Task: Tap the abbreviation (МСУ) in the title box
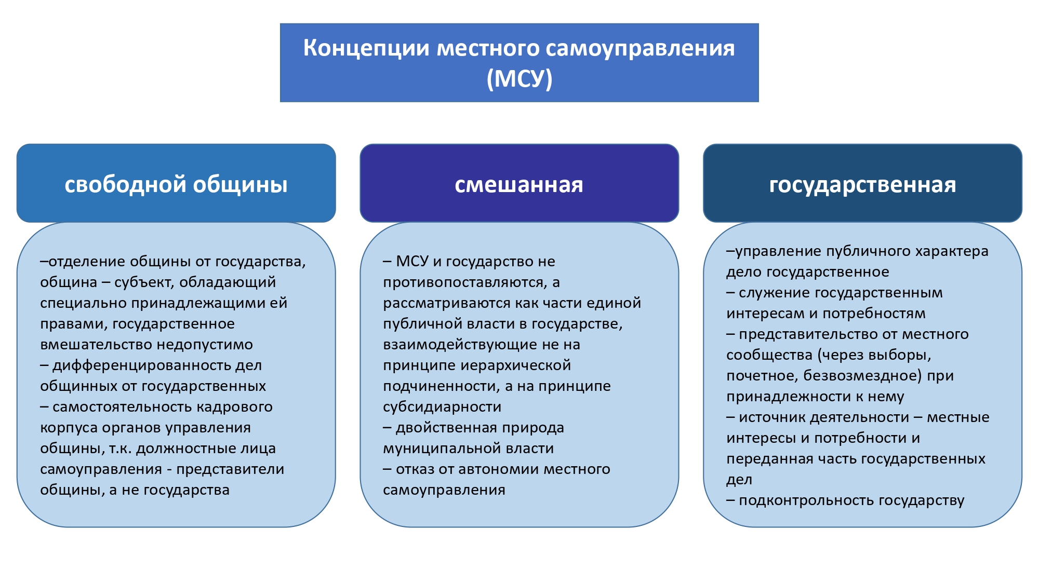(519, 78)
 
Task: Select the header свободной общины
(176, 185)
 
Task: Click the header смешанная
(519, 185)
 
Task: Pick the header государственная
(862, 185)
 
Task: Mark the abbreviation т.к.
(120, 449)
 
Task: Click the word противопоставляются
(463, 282)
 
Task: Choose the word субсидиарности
(442, 407)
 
